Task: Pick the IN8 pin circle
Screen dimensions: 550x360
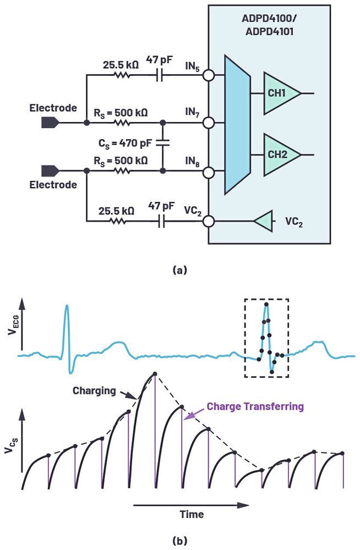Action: pos(208,172)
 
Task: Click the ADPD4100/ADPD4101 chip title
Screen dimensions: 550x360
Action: pos(269,25)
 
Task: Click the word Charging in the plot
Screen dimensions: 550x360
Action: pos(94,392)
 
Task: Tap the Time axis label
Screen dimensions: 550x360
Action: pos(191,515)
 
